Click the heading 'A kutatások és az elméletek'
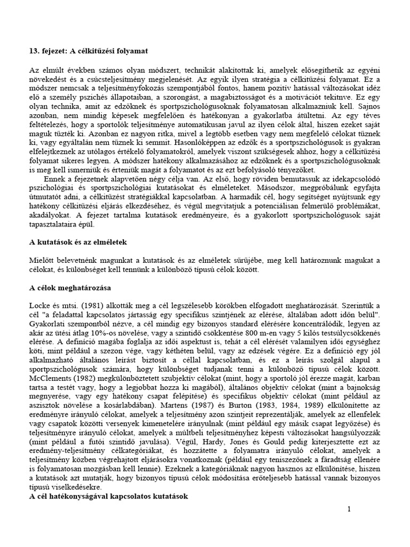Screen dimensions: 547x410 pos(78,241)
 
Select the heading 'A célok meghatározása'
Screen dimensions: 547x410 pos(69,287)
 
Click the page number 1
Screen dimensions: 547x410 pos(349,509)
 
